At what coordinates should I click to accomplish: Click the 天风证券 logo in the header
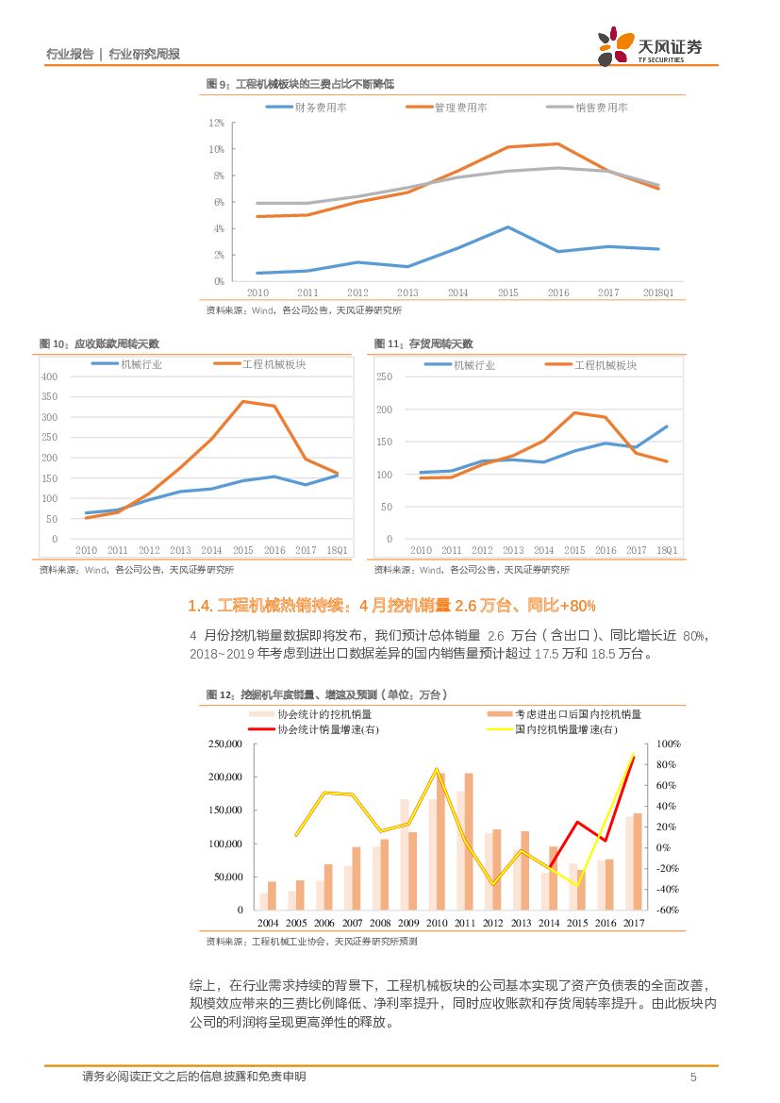click(650, 46)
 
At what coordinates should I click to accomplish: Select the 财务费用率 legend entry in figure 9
click(307, 108)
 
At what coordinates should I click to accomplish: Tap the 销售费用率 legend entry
click(588, 108)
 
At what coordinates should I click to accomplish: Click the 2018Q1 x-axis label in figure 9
click(656, 292)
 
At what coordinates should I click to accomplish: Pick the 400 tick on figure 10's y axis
click(50, 376)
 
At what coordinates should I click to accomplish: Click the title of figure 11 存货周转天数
click(423, 343)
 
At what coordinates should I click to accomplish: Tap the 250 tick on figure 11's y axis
click(384, 376)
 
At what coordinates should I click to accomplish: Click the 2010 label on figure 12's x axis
click(436, 923)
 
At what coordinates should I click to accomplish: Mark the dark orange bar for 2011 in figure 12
click(469, 841)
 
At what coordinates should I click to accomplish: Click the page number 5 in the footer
click(693, 1078)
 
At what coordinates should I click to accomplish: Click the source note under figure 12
click(311, 941)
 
